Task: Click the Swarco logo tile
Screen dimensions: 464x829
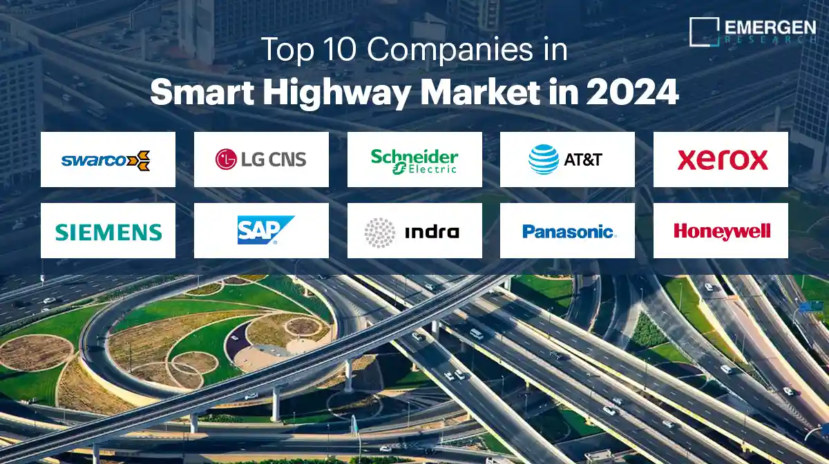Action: coord(108,159)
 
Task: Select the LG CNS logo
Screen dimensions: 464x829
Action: coord(261,159)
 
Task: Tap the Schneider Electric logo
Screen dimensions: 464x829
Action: coord(414,159)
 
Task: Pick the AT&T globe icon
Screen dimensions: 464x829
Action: coord(544,159)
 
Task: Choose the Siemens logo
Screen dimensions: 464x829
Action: coord(108,231)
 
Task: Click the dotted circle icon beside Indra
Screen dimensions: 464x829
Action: coord(380,232)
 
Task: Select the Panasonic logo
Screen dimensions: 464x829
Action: coord(569,231)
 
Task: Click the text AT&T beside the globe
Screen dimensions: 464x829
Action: coord(582,159)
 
